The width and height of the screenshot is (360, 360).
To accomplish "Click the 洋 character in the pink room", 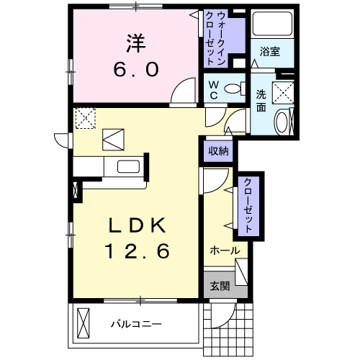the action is click(x=136, y=43).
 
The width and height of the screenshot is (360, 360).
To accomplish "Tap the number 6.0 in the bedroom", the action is click(x=136, y=69).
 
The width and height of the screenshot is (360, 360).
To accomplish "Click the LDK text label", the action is click(x=138, y=225).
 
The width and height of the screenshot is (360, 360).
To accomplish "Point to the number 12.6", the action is click(x=137, y=251).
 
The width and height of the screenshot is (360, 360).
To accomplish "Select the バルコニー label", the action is click(x=136, y=324).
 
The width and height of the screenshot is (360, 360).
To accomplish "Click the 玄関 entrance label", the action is click(x=220, y=286).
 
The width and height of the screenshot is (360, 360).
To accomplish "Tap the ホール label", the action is click(x=225, y=251).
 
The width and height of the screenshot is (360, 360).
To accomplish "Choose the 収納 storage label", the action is click(x=218, y=151).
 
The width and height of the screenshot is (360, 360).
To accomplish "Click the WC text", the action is click(x=213, y=90).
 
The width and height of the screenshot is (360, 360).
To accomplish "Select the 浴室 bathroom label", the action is click(x=270, y=51).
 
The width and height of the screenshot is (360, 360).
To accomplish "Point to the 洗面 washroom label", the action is click(x=261, y=101).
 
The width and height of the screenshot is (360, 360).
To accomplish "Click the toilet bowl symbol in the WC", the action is click(x=235, y=89).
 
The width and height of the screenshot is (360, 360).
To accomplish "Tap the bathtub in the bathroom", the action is click(x=272, y=24).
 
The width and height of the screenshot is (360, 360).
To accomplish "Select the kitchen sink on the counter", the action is click(x=128, y=166).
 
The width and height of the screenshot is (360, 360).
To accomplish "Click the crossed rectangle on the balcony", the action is click(x=84, y=323).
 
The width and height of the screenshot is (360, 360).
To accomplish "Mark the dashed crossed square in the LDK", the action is click(x=86, y=118).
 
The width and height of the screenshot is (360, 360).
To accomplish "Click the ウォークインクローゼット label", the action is click(x=215, y=39).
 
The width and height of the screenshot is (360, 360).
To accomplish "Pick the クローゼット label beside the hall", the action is click(x=248, y=205).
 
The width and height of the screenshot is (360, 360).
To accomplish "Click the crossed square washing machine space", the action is click(x=283, y=93).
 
